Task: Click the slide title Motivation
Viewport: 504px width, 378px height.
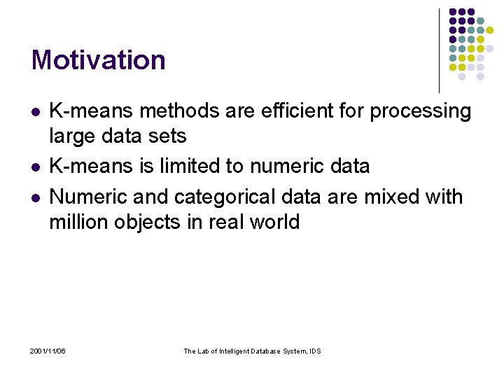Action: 98,60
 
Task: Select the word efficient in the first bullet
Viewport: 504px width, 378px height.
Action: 286,111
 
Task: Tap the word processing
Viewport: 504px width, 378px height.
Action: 420,111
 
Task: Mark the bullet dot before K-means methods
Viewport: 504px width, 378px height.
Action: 36,112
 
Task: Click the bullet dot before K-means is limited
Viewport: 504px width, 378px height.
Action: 36,167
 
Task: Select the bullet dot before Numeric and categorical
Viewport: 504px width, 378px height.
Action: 36,198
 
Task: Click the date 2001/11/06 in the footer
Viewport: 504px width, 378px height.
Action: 48,351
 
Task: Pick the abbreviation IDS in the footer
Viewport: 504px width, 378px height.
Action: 314,351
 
